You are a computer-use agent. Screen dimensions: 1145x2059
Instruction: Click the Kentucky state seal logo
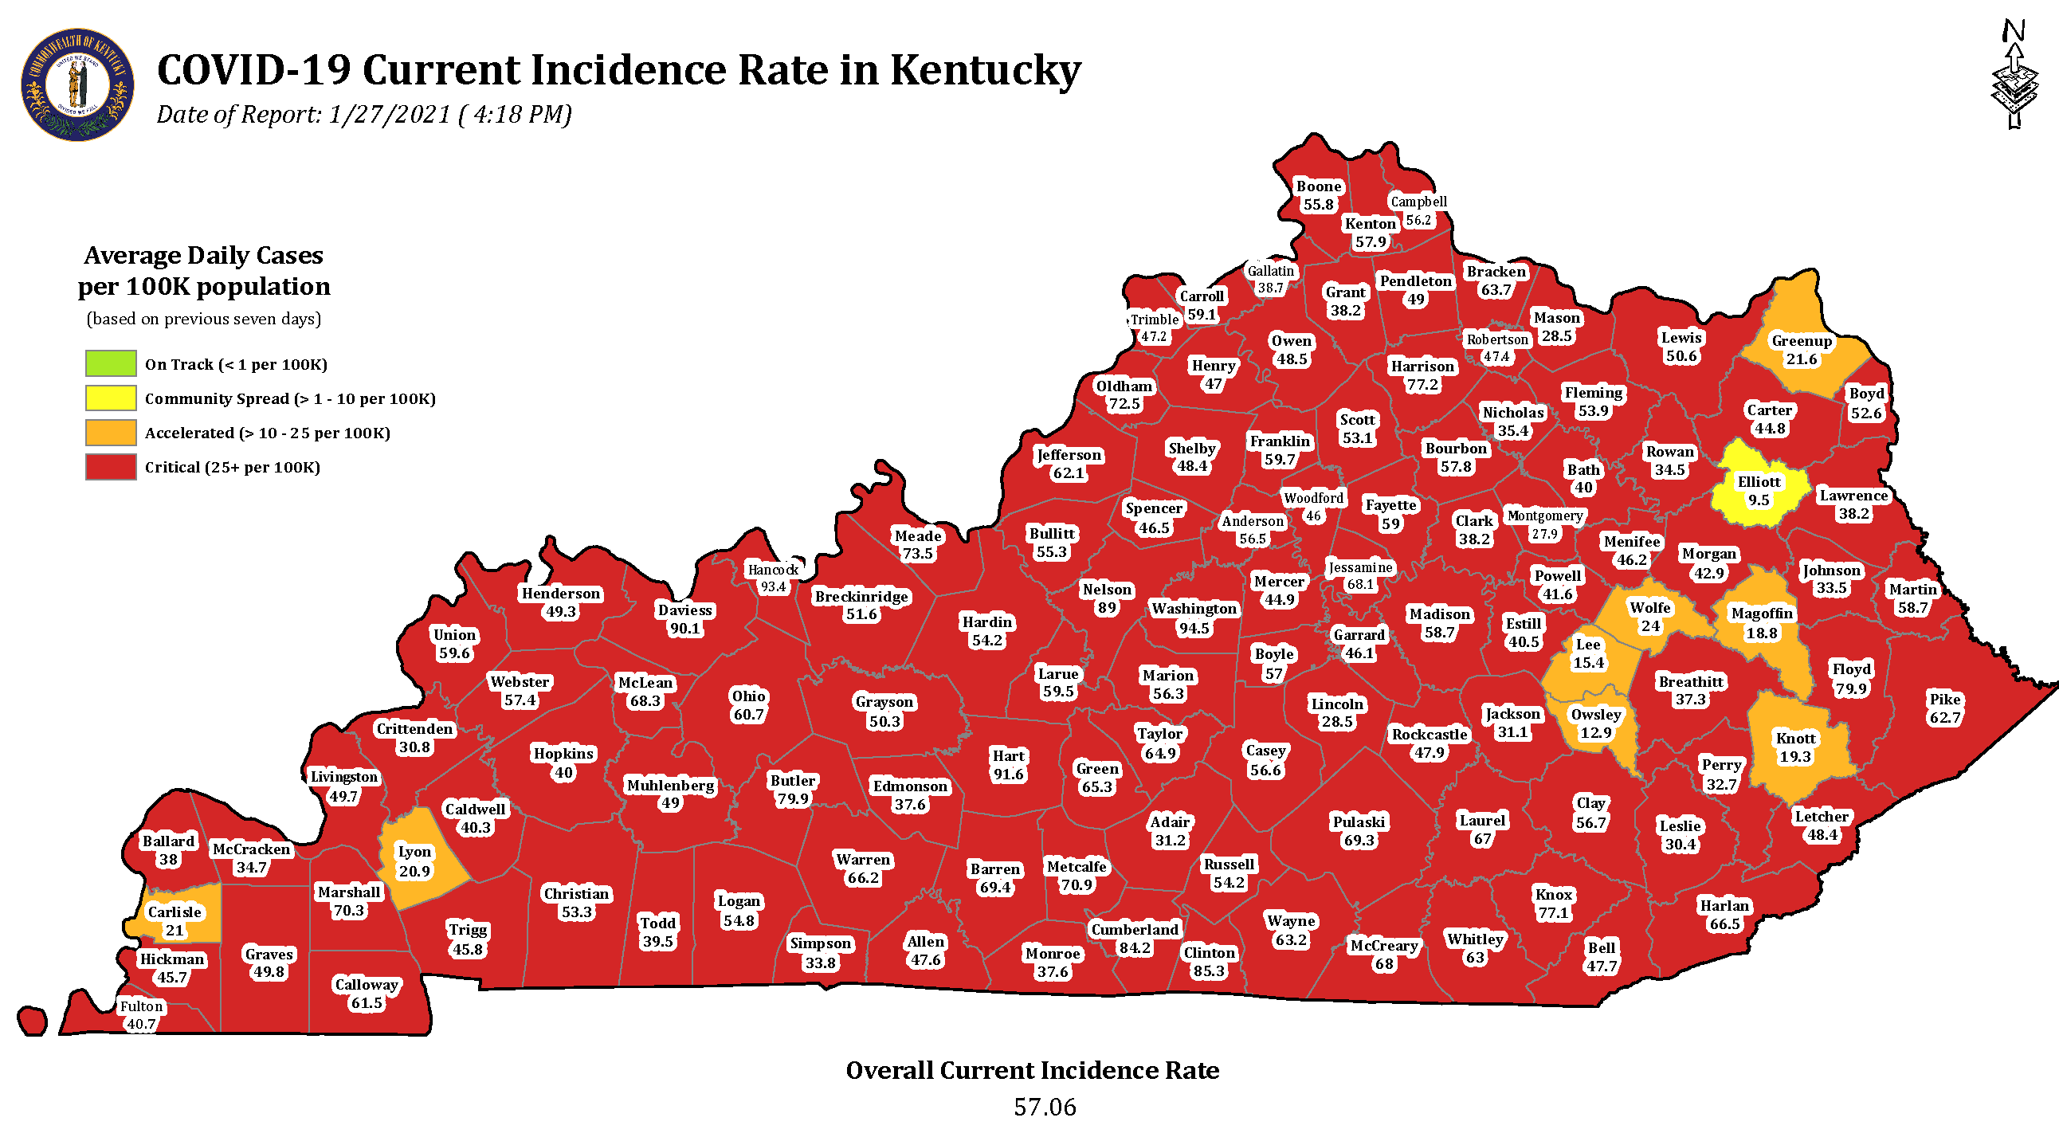(77, 84)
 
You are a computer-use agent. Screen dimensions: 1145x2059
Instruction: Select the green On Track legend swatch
(111, 363)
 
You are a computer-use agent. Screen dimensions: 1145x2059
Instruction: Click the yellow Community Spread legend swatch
(111, 398)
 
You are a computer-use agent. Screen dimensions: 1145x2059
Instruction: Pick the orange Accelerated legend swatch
(111, 433)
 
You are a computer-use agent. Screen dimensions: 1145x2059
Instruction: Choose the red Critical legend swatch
(111, 467)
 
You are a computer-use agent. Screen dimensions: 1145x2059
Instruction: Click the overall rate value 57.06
(1045, 1107)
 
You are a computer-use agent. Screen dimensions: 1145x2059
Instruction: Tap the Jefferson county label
(1069, 455)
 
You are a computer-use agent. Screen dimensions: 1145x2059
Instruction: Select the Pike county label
(1945, 699)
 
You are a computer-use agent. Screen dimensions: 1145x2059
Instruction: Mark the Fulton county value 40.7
(142, 1024)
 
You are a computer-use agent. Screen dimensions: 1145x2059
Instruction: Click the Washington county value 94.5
(1194, 628)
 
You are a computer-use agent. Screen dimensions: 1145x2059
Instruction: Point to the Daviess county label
(684, 610)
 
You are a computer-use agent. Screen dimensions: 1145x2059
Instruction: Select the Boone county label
(1318, 186)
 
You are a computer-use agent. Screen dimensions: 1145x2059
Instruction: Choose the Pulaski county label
(1359, 821)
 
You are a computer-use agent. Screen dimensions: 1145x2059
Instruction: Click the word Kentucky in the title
(985, 69)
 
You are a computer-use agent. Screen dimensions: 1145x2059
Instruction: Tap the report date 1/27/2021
(390, 114)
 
